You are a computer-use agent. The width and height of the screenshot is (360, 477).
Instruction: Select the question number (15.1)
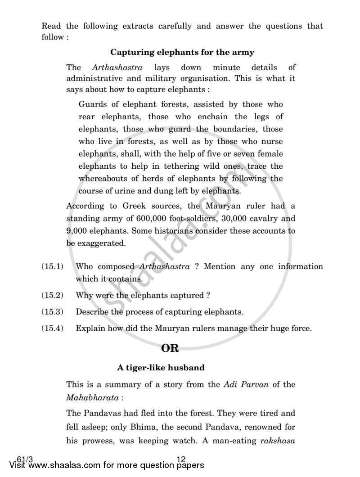pyautogui.click(x=52, y=266)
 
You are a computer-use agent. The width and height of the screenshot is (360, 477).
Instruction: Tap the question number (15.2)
pyautogui.click(x=52, y=296)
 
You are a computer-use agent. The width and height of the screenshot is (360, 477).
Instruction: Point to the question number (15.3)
pyautogui.click(x=52, y=312)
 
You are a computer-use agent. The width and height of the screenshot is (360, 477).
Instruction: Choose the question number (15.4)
pyautogui.click(x=52, y=328)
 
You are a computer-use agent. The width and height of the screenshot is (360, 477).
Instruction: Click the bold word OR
pyautogui.click(x=170, y=348)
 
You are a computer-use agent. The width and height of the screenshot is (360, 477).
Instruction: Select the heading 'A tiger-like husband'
pyautogui.click(x=161, y=368)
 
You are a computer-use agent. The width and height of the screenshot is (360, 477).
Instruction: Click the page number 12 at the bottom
pyautogui.click(x=181, y=459)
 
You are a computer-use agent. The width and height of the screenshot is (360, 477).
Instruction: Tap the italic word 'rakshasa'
pyautogui.click(x=278, y=441)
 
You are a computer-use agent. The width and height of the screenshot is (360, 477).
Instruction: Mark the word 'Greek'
pyautogui.click(x=135, y=207)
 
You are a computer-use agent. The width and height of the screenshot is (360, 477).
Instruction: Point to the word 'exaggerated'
pyautogui.click(x=102, y=243)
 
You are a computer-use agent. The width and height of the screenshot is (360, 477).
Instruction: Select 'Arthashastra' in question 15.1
pyautogui.click(x=164, y=266)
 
